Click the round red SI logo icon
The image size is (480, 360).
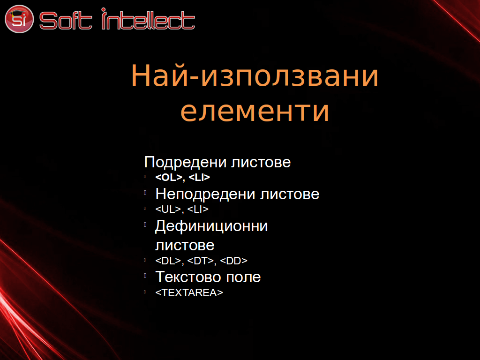pos(19,19)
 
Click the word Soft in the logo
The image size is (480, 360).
pos(66,21)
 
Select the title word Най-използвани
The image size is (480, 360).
pos(255,75)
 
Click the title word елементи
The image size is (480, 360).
pos(255,112)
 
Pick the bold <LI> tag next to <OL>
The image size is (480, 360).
pos(199,177)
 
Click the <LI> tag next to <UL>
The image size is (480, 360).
pos(198,209)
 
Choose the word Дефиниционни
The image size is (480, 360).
pos(211,226)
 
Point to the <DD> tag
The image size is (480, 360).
pos(233,261)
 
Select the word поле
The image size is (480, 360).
pos(243,277)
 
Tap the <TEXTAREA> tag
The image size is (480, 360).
pos(189,292)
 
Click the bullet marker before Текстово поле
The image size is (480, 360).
pos(145,276)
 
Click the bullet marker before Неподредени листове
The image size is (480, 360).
pos(145,193)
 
